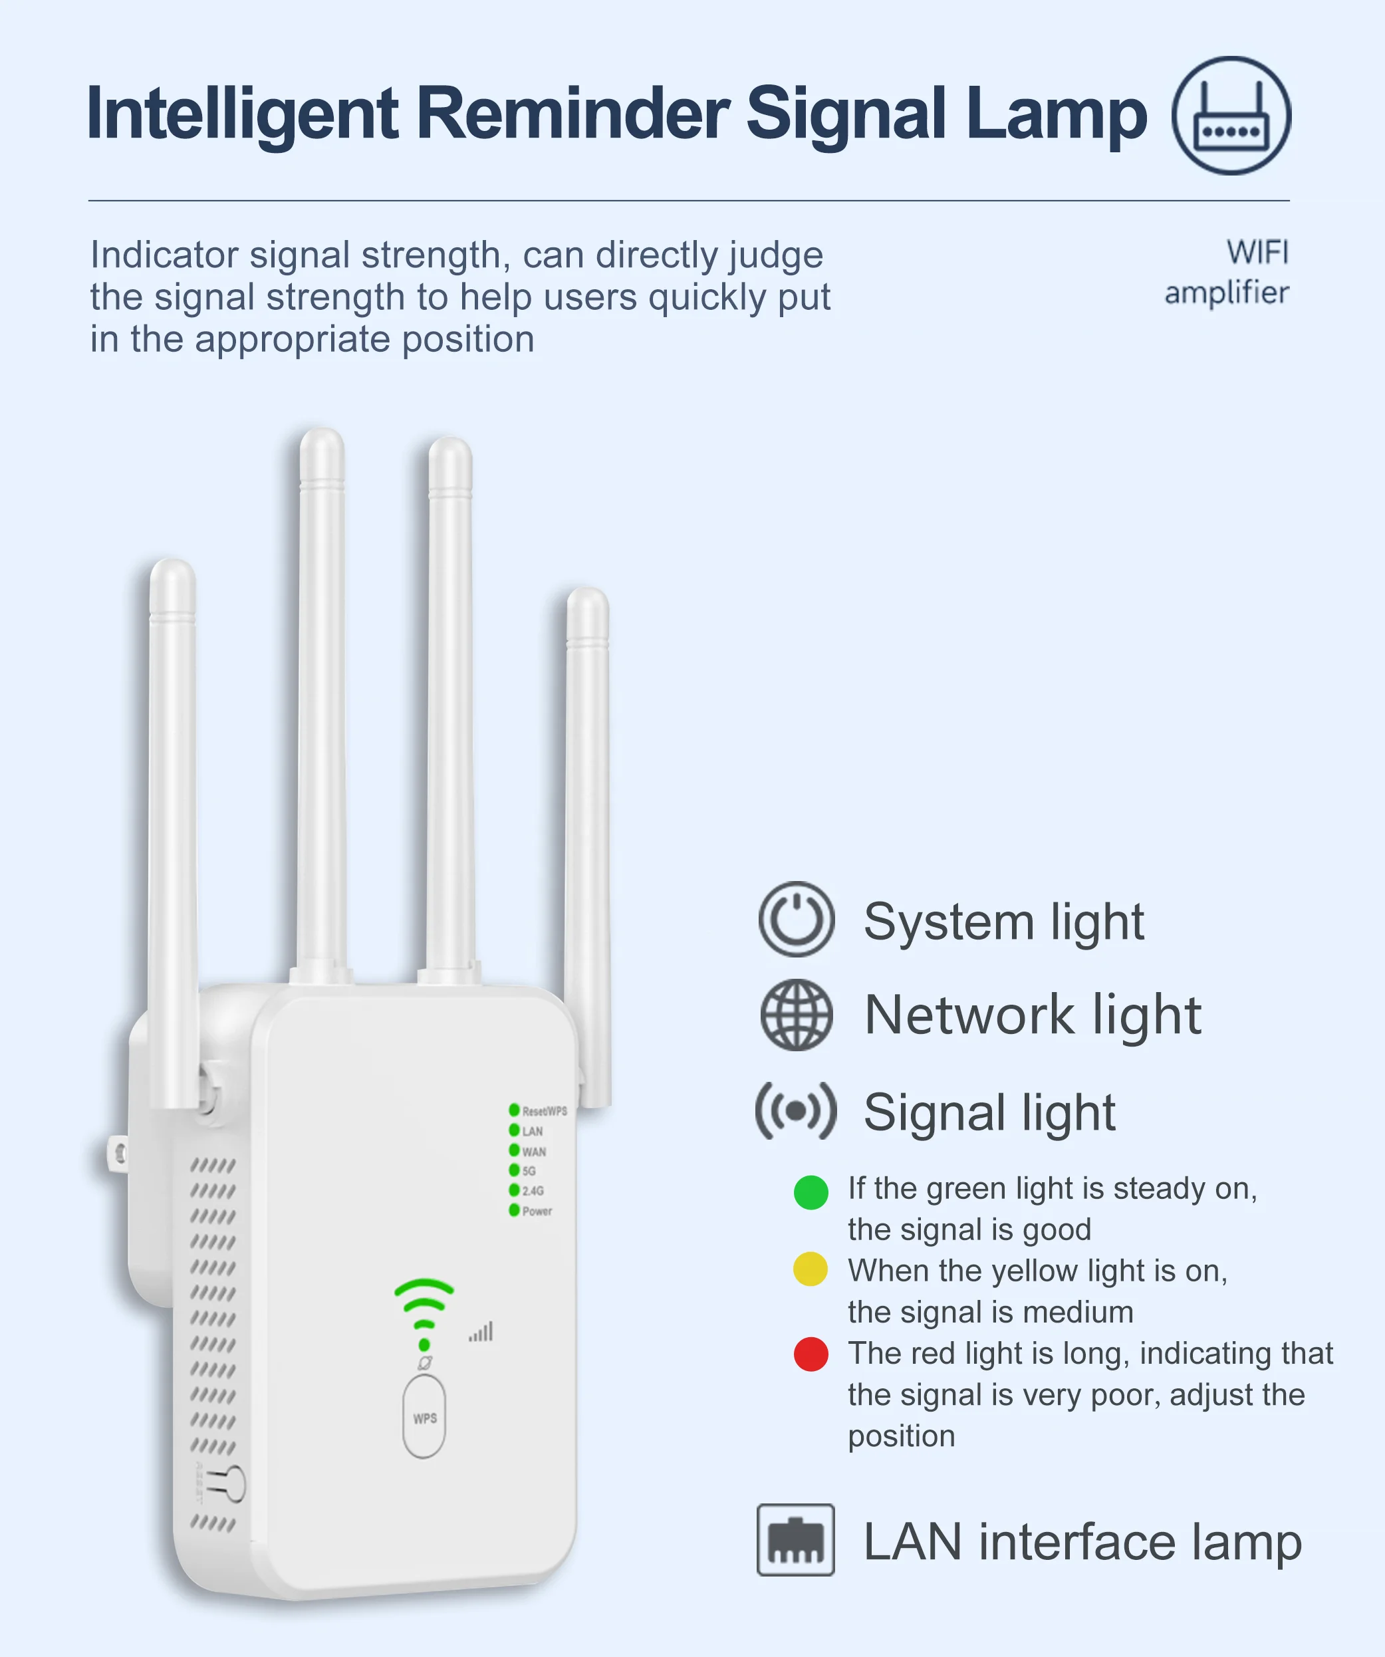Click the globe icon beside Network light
[797, 1015]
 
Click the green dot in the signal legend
[811, 1192]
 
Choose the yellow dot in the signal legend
[811, 1269]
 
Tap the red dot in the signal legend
[811, 1354]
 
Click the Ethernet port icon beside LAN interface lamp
[795, 1539]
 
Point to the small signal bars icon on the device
[481, 1332]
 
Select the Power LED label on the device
[537, 1211]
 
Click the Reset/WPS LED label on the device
[544, 1111]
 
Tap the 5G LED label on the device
[529, 1171]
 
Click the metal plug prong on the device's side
[117, 1154]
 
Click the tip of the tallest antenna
[321, 442]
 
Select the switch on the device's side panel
[231, 1484]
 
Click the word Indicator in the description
[164, 255]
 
